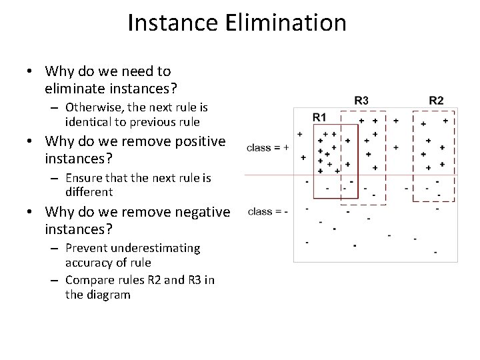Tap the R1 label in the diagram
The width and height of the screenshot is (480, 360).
point(319,117)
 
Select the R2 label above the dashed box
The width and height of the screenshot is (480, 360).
point(436,101)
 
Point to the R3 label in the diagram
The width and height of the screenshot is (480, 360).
point(361,101)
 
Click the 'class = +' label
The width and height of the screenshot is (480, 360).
point(267,148)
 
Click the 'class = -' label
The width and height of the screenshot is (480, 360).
point(267,211)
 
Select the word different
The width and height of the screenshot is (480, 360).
point(89,192)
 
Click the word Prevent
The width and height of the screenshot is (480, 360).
point(89,248)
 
